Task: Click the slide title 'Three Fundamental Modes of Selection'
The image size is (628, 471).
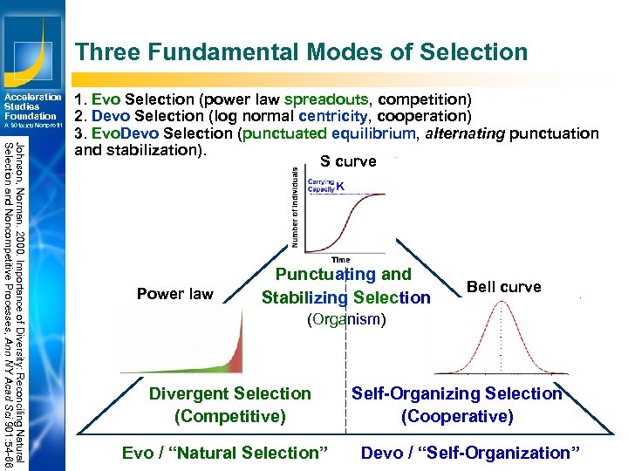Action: coord(301,52)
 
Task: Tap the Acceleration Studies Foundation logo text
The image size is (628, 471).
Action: coord(32,106)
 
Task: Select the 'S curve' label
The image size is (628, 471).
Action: coord(348,161)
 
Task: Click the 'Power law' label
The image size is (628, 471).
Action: coord(174,294)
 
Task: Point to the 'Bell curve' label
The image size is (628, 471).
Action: coord(503,287)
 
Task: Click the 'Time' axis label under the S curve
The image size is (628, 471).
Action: coord(340,259)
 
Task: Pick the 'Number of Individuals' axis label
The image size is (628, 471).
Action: coord(294,208)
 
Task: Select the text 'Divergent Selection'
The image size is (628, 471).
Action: coord(229,393)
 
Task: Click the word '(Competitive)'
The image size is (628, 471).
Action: coord(229,416)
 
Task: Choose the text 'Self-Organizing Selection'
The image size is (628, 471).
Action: coord(456,393)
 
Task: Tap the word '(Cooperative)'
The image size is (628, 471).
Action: coord(456,416)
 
